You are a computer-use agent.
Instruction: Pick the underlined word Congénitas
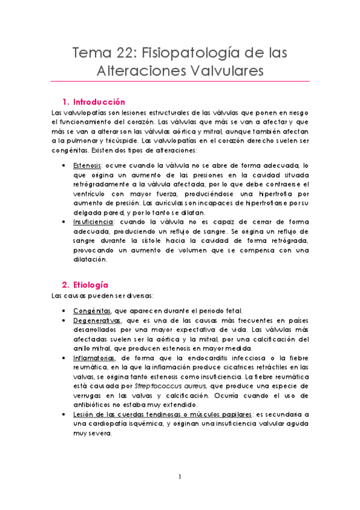point(91,310)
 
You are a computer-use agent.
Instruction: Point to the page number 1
point(180,477)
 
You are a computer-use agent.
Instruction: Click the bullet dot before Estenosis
point(64,164)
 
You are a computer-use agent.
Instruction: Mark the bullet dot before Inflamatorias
point(64,358)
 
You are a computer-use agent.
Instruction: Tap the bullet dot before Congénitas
point(64,311)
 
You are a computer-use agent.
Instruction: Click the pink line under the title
point(180,81)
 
